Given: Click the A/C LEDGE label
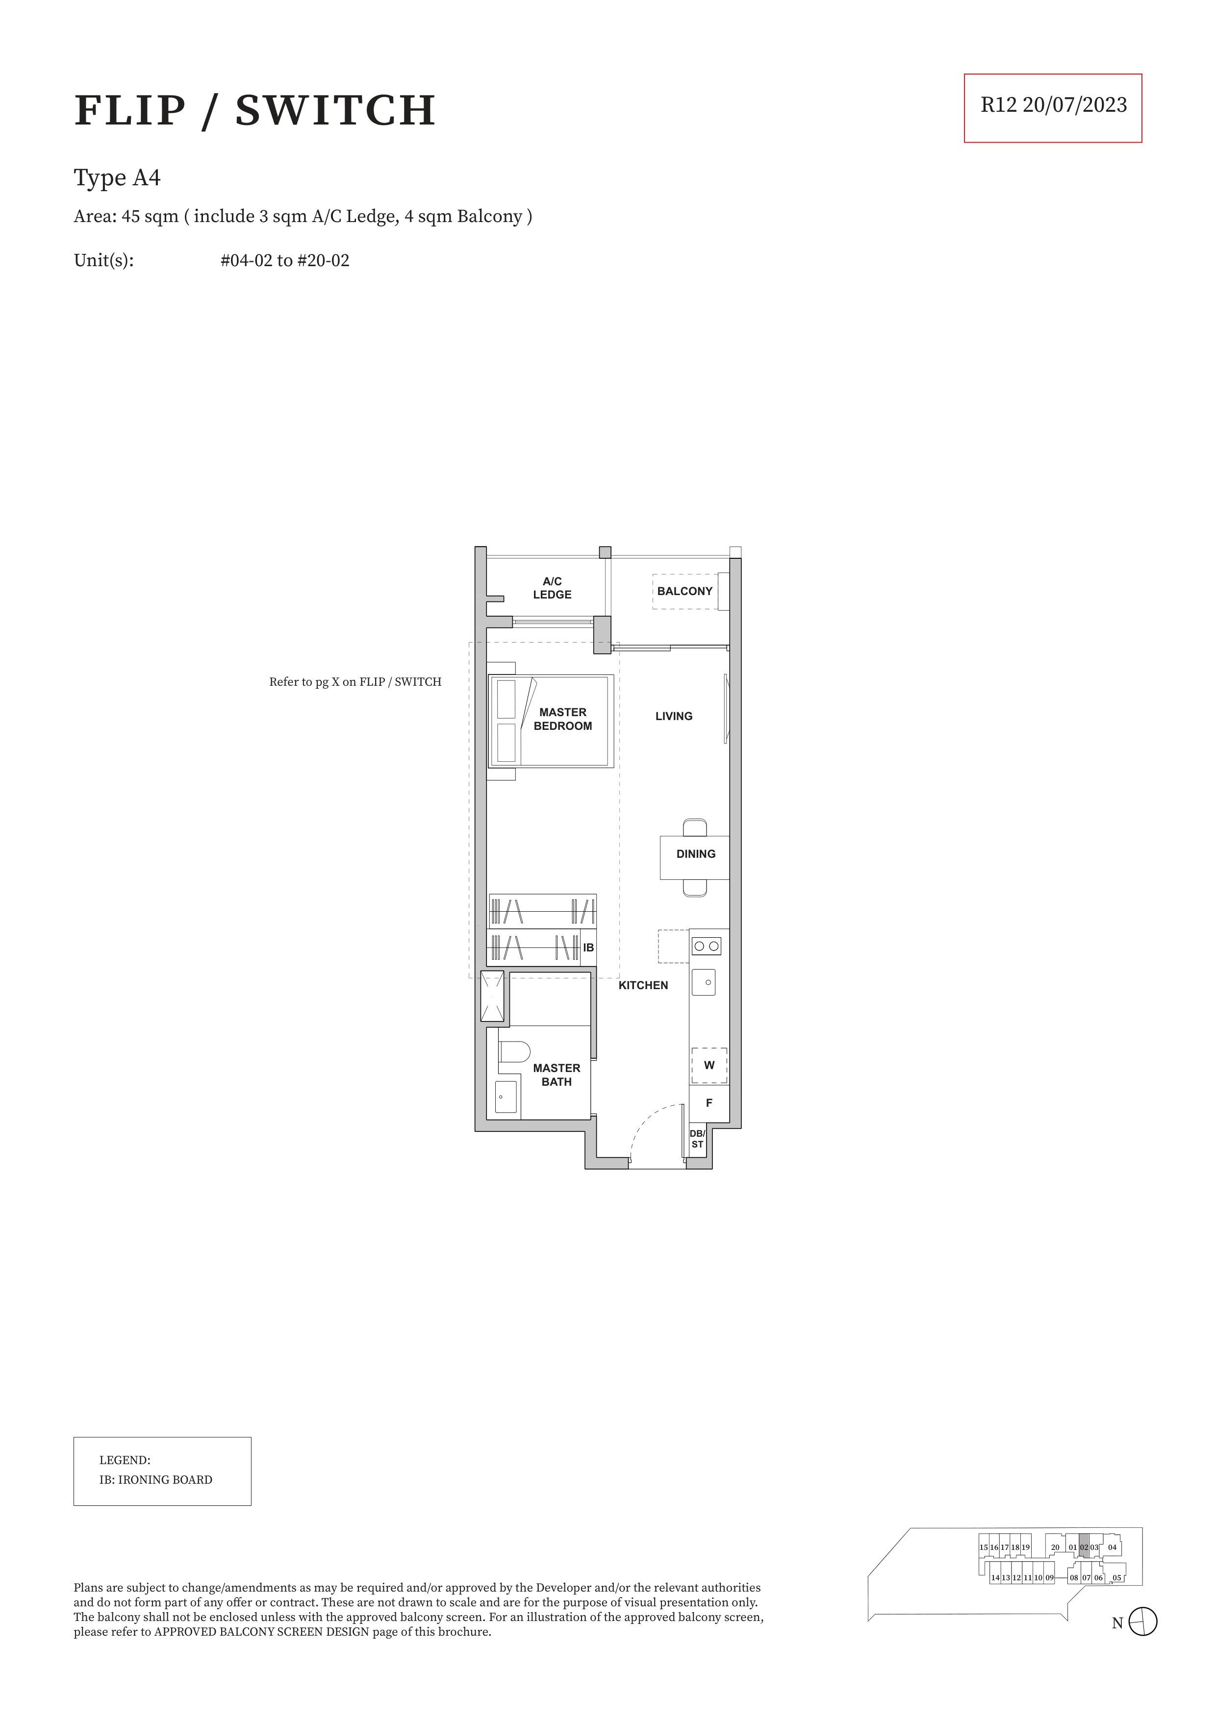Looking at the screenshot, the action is pyautogui.click(x=552, y=588).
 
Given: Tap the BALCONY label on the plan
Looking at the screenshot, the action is pyautogui.click(x=685, y=591).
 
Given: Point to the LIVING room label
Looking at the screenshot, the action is pyautogui.click(x=674, y=716).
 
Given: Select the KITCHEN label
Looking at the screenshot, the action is pyautogui.click(x=643, y=985).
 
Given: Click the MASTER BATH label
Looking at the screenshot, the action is pyautogui.click(x=557, y=1075).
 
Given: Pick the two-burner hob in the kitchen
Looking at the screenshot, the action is pyautogui.click(x=706, y=946).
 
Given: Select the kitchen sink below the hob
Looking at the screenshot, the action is pyautogui.click(x=704, y=982).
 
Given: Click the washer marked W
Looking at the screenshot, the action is pyautogui.click(x=709, y=1065).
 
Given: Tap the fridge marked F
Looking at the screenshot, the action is pyautogui.click(x=709, y=1103).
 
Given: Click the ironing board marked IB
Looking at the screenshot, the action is pyautogui.click(x=589, y=947).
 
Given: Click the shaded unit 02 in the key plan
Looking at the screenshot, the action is pyautogui.click(x=1084, y=1547).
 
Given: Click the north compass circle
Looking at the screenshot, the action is pyautogui.click(x=1142, y=1622).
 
